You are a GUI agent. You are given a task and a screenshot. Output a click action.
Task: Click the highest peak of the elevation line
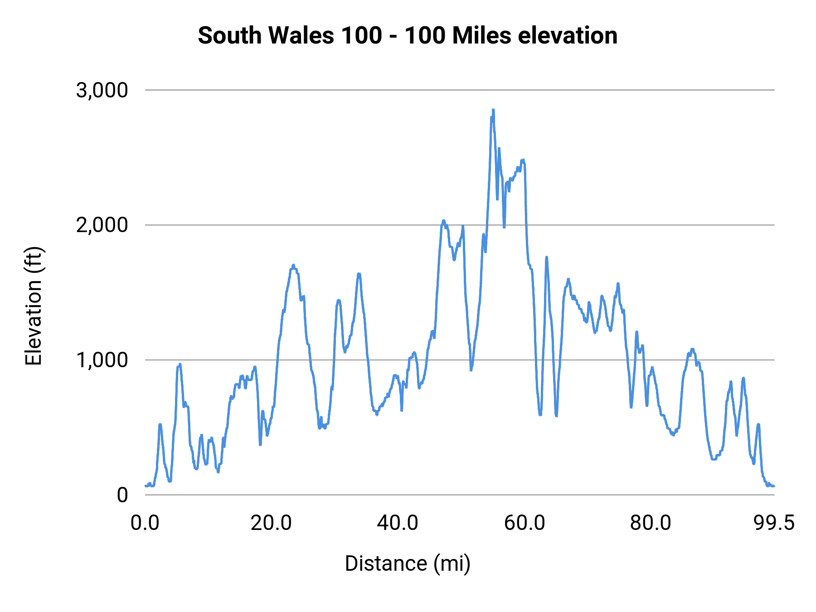pos(493,110)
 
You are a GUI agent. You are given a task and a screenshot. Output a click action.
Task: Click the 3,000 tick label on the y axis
pos(102,90)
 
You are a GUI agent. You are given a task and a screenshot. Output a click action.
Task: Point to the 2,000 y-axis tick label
pos(102,225)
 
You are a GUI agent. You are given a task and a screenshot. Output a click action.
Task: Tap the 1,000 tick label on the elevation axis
pos(102,360)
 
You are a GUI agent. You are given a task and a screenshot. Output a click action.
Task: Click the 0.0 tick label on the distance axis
pos(145,523)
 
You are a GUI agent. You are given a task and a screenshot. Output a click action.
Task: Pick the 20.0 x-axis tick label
pos(271,523)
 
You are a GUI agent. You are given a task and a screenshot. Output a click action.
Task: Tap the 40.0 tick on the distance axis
pos(398,523)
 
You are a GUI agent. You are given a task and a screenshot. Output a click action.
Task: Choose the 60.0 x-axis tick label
pos(525,523)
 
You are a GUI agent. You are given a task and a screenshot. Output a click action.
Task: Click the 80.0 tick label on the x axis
pos(651,523)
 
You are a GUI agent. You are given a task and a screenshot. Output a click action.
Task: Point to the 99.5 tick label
pos(774,523)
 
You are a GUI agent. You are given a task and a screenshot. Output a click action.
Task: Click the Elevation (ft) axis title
pos(34,306)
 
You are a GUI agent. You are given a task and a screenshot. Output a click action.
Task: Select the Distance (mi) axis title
pos(408,563)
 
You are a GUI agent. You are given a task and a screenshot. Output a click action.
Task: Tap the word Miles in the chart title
pos(482,35)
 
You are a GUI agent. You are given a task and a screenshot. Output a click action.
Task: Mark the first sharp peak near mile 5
pos(180,364)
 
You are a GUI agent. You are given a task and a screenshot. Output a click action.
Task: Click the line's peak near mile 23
pos(293,265)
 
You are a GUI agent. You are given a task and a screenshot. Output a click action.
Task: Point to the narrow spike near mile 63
pos(546,257)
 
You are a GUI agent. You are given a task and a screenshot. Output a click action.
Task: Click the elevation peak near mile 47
pos(443,221)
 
